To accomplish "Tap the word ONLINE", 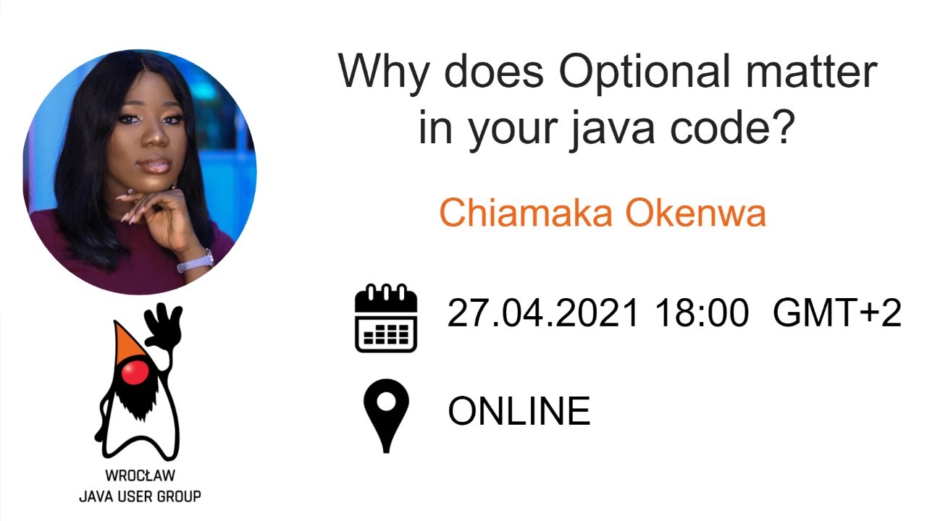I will tap(519, 411).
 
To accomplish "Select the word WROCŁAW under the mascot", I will tap(140, 477).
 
